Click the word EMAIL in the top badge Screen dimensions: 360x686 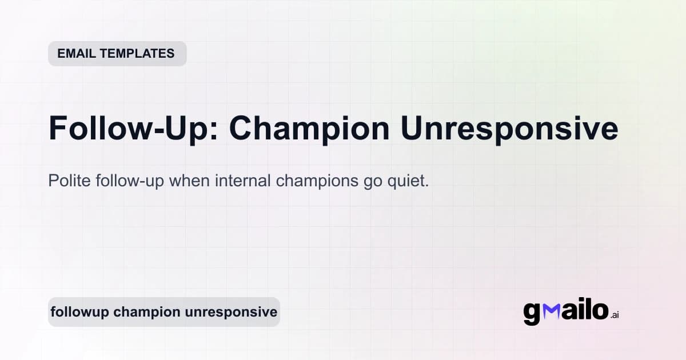(x=77, y=54)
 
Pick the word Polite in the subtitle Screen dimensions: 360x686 (x=67, y=182)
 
